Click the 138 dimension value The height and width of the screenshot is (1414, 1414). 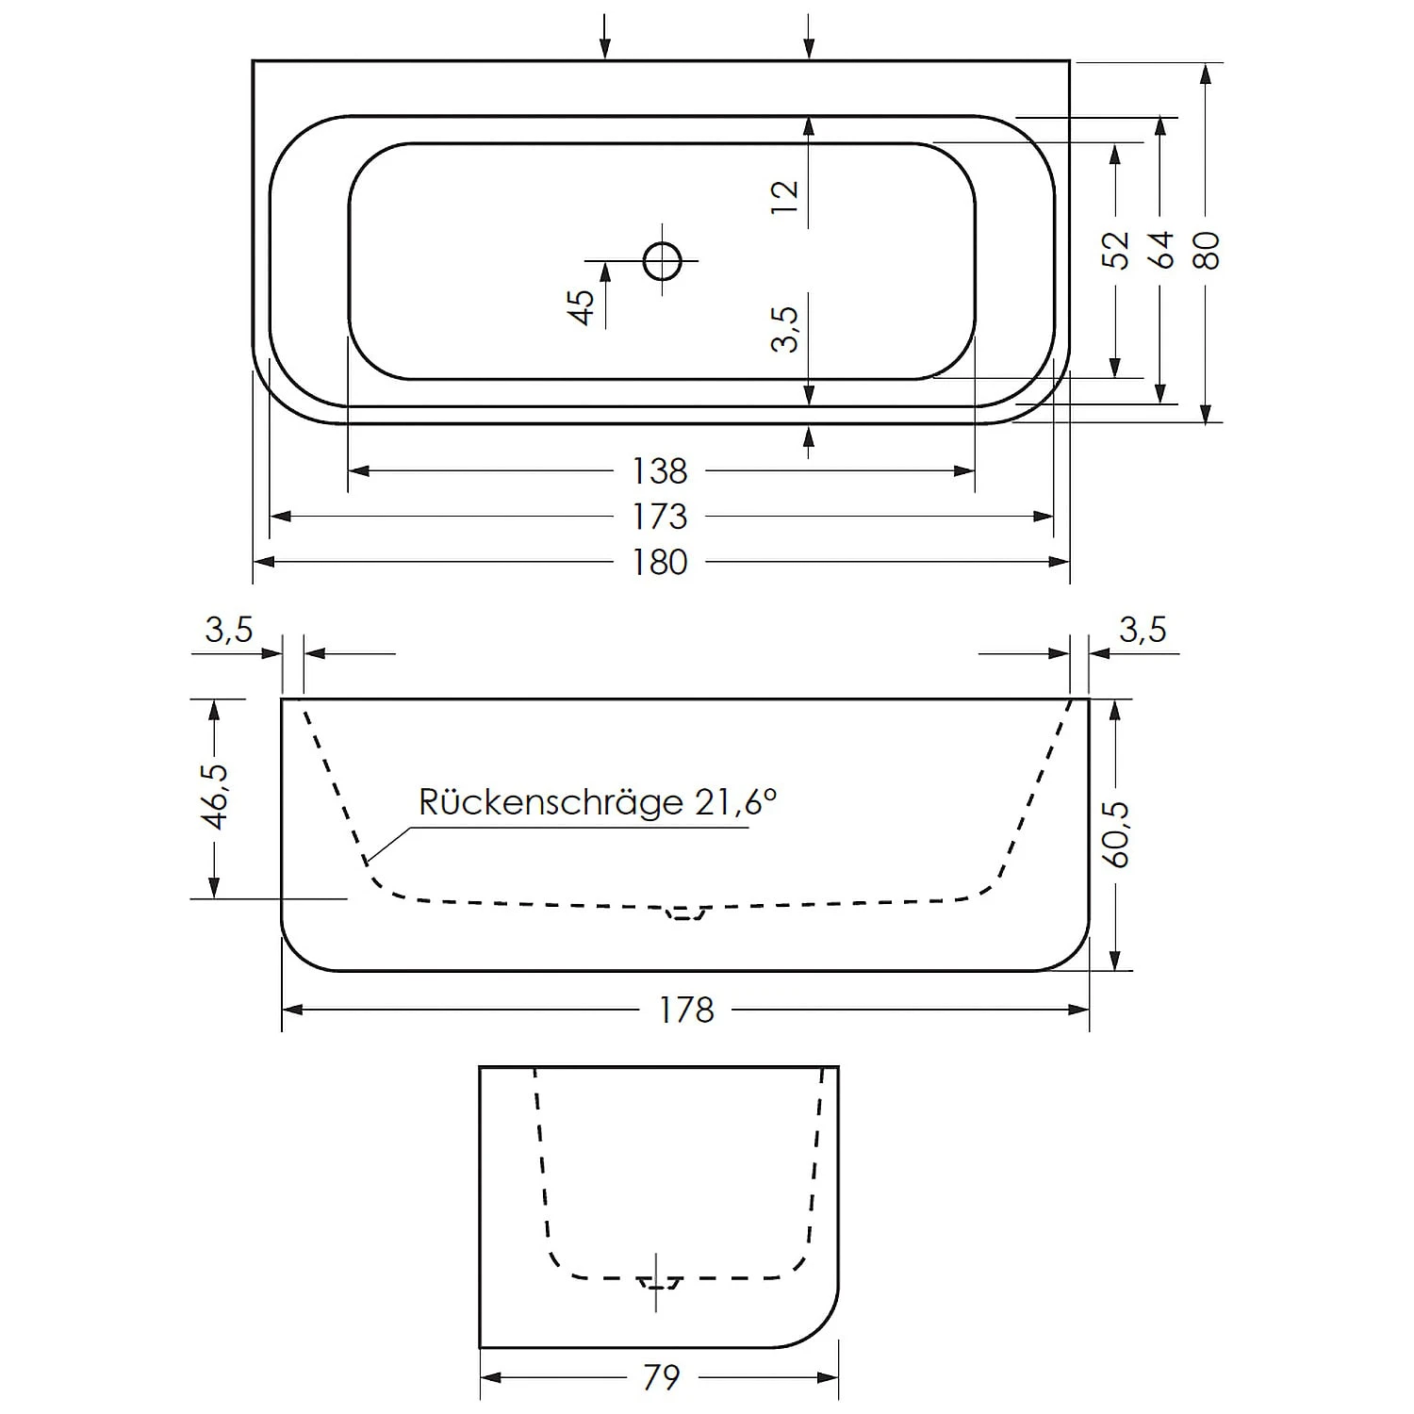click(x=659, y=470)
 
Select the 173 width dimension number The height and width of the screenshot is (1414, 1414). click(x=659, y=517)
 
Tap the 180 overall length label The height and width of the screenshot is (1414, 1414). click(x=659, y=562)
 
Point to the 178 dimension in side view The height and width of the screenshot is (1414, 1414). click(x=685, y=1010)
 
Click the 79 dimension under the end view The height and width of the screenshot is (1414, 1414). click(x=661, y=1377)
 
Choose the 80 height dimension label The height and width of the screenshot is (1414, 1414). click(x=1206, y=250)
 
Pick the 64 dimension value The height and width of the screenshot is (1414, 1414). click(x=1161, y=250)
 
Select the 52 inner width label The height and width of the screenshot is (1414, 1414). click(x=1115, y=250)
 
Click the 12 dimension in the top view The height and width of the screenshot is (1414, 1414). click(x=784, y=196)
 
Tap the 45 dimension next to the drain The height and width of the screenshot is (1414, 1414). click(x=582, y=306)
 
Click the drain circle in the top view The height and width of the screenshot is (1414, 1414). click(x=662, y=260)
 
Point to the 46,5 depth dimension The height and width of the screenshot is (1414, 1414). click(x=215, y=797)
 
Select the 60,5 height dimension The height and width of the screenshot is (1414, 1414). click(x=1116, y=834)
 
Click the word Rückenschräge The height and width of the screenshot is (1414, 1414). click(x=551, y=802)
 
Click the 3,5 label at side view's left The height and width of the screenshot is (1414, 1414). click(x=229, y=629)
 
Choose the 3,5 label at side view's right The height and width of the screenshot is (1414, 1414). click(x=1143, y=629)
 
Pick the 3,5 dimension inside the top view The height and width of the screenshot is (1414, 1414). click(x=784, y=329)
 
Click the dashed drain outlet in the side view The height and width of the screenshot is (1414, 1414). click(x=685, y=912)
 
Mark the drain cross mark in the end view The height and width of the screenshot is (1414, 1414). click(x=657, y=1282)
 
